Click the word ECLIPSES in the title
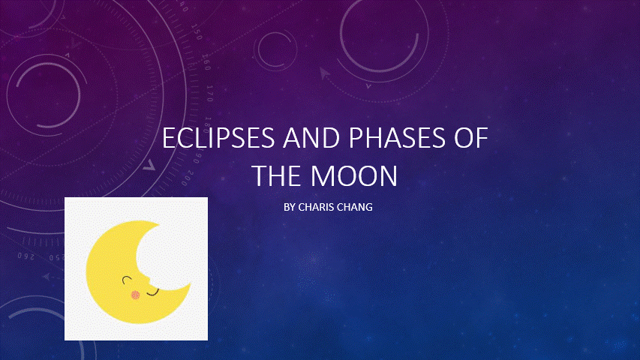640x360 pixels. tap(218, 138)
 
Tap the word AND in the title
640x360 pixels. tap(311, 138)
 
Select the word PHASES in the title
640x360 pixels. tap(397, 138)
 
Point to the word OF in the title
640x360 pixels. tap(471, 138)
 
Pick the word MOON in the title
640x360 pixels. tap(354, 176)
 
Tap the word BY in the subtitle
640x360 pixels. tap(290, 207)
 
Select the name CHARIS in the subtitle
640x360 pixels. tap(316, 207)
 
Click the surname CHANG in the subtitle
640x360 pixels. tap(355, 207)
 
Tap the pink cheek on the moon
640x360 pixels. tap(136, 295)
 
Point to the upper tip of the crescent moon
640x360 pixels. tap(159, 223)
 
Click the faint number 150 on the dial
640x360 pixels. tap(197, 32)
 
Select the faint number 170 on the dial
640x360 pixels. tap(210, 94)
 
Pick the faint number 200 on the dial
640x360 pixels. tap(188, 178)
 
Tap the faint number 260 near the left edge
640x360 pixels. tap(26, 256)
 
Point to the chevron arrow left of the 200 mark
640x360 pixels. tap(149, 165)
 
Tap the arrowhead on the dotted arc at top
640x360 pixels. tap(324, 73)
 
